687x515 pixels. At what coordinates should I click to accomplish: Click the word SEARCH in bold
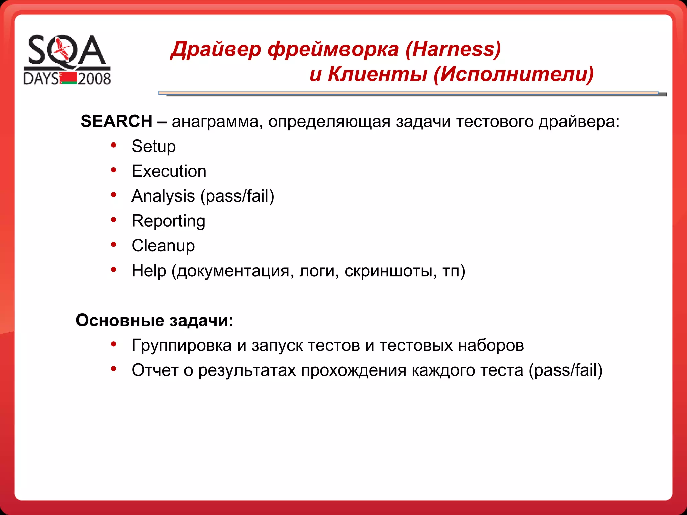tap(116, 121)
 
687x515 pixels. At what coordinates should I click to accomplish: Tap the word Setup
tap(153, 147)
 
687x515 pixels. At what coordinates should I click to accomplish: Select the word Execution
tap(169, 171)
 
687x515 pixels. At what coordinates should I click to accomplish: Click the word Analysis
tap(163, 196)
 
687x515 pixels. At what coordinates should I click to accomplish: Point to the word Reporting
tap(168, 221)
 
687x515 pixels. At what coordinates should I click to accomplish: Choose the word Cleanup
tap(163, 246)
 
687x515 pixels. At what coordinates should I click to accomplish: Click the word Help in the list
tap(149, 271)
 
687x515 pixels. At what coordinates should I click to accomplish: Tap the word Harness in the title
tap(453, 49)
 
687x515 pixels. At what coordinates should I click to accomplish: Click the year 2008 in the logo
tap(94, 79)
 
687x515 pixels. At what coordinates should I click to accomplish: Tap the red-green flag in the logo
tap(69, 78)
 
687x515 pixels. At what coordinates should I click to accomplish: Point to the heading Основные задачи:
tap(154, 320)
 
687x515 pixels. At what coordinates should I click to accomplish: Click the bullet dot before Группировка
tap(114, 344)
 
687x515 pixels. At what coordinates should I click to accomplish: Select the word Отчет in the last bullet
tap(155, 370)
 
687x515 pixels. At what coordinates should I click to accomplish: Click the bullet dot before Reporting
tap(114, 220)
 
